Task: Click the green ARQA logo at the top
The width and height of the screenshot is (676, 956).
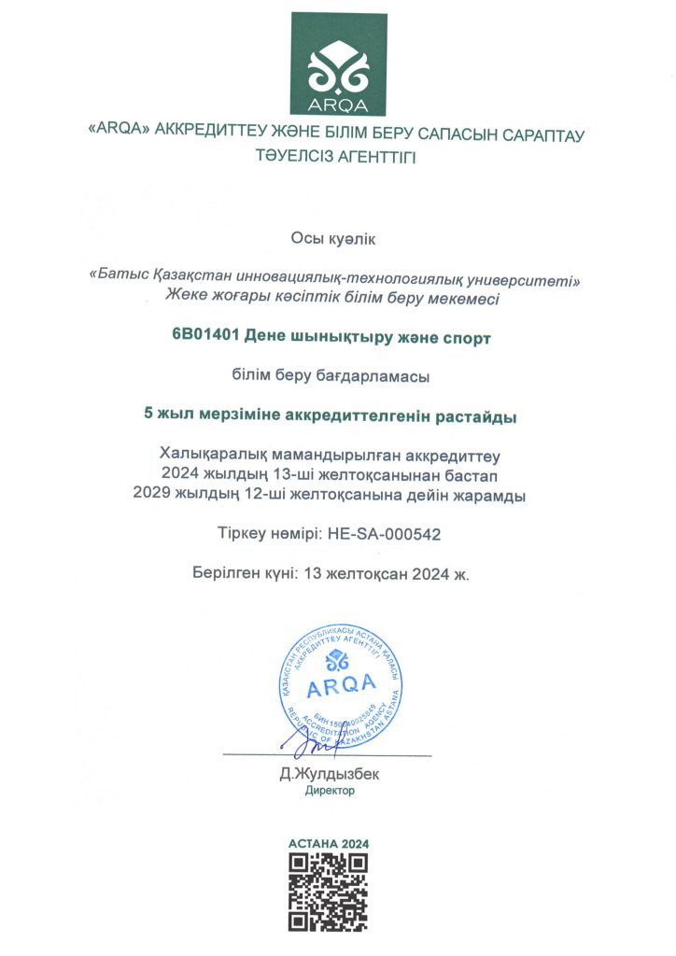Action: click(x=338, y=64)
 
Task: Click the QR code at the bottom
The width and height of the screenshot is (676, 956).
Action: click(x=329, y=893)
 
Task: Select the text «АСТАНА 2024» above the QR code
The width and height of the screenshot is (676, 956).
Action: click(x=329, y=844)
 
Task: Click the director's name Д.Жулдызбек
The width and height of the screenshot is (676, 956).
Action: click(x=330, y=774)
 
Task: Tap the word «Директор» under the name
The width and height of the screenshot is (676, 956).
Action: click(x=330, y=791)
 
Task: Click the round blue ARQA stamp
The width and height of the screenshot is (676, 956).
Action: click(x=341, y=689)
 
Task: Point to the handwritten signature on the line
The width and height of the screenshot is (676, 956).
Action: click(x=308, y=742)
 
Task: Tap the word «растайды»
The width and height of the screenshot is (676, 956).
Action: click(x=483, y=416)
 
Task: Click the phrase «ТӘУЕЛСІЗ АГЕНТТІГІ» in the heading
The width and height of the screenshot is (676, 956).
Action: click(x=337, y=156)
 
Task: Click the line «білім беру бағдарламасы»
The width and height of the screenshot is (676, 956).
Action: click(x=337, y=376)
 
